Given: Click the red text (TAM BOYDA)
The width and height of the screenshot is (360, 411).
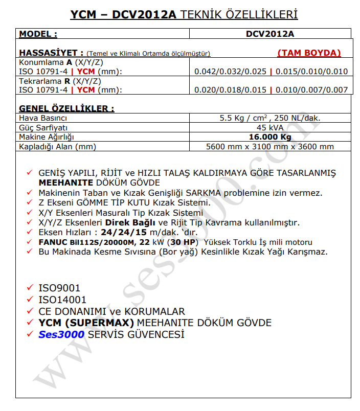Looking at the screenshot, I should pyautogui.click(x=309, y=53).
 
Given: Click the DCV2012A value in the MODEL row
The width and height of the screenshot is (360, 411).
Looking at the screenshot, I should pyautogui.click(x=270, y=34).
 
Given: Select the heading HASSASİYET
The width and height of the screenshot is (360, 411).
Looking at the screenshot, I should pyautogui.click(x=51, y=52).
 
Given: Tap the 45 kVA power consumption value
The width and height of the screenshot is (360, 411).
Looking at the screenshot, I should pyautogui.click(x=270, y=127).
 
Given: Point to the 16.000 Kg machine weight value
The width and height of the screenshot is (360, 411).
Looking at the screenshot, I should pyautogui.click(x=270, y=137).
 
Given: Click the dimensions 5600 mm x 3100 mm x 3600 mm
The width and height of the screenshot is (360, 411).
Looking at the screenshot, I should pyautogui.click(x=270, y=147).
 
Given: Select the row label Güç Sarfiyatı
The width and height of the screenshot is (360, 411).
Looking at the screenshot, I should pyautogui.click(x=43, y=127).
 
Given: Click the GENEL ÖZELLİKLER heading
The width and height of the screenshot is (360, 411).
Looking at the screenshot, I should pyautogui.click(x=66, y=108).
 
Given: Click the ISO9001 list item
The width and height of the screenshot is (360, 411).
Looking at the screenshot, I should pyautogui.click(x=59, y=288).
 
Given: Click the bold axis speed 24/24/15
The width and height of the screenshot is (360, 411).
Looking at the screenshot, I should pyautogui.click(x=122, y=232).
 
